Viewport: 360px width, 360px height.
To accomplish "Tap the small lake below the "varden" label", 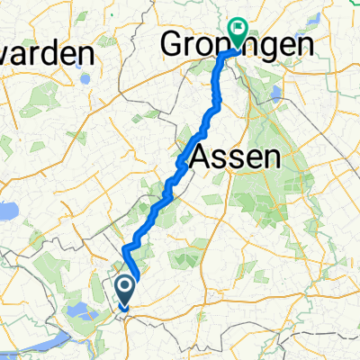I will coord(85,77).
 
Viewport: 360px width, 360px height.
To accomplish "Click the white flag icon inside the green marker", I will coord(238,29).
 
